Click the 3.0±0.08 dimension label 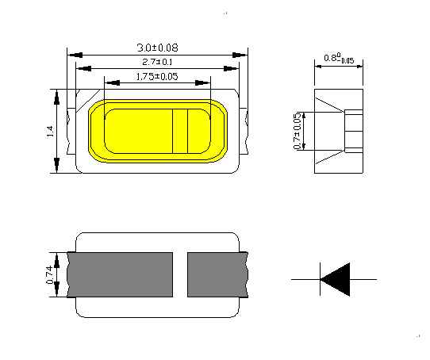[x=157, y=48]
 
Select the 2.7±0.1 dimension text [x=157, y=62]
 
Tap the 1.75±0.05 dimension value [x=157, y=76]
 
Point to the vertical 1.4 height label [x=50, y=132]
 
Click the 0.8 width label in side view [x=339, y=59]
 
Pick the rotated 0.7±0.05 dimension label [x=298, y=131]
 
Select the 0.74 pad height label [x=50, y=274]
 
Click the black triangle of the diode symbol [x=336, y=279]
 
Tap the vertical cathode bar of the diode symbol [x=321, y=279]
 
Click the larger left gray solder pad [x=120, y=274]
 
